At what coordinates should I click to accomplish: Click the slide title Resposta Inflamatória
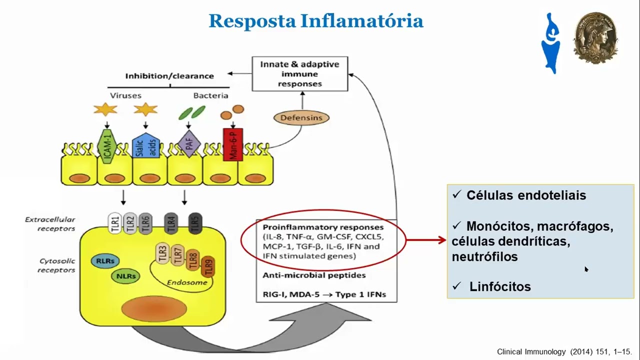315,21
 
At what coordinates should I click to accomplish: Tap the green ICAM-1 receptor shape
106,146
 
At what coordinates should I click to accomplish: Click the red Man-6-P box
232,144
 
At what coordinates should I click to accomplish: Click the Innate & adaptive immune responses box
299,74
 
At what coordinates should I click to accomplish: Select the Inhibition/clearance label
169,76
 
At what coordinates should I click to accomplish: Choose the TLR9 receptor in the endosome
209,267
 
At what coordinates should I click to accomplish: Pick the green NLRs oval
125,275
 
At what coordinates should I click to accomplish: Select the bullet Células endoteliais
526,195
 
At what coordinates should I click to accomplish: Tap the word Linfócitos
500,287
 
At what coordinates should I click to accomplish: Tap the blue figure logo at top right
550,43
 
